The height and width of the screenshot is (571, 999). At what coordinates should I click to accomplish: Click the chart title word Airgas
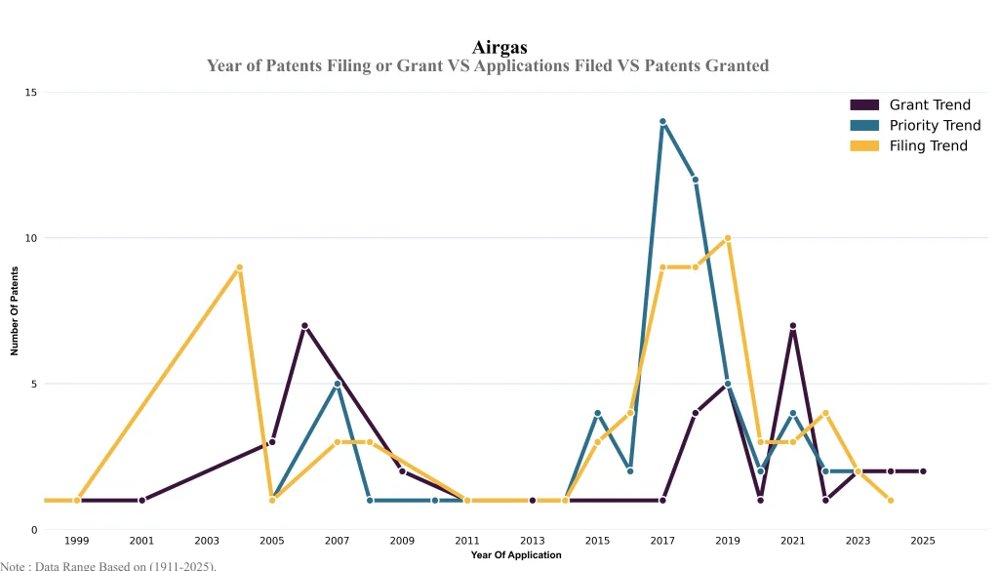[x=499, y=47]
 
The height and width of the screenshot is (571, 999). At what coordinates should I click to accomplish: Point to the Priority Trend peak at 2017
[x=662, y=122]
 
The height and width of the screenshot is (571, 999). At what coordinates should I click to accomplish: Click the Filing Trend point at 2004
[x=239, y=267]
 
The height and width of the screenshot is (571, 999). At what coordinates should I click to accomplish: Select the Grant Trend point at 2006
[x=304, y=326]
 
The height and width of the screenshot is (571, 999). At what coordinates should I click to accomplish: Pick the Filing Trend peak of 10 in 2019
[x=728, y=238]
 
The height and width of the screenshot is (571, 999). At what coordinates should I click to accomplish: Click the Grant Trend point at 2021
[x=793, y=326]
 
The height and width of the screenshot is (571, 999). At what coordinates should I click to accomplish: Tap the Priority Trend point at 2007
[x=338, y=384]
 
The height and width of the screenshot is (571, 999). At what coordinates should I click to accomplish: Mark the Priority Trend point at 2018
[x=696, y=180]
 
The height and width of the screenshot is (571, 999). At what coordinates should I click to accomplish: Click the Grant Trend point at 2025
[x=923, y=471]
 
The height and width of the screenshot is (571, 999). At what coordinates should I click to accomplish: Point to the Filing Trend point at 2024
[x=891, y=501]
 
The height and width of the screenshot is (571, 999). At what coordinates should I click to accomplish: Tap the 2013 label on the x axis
[x=533, y=540]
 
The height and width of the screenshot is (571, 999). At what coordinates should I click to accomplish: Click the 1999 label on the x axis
[x=77, y=540]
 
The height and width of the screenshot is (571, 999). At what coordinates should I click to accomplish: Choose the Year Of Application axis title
[x=516, y=555]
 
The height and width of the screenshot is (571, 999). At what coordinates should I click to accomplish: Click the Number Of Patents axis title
[x=15, y=311]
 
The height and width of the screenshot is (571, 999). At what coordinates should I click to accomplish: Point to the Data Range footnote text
[x=108, y=565]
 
